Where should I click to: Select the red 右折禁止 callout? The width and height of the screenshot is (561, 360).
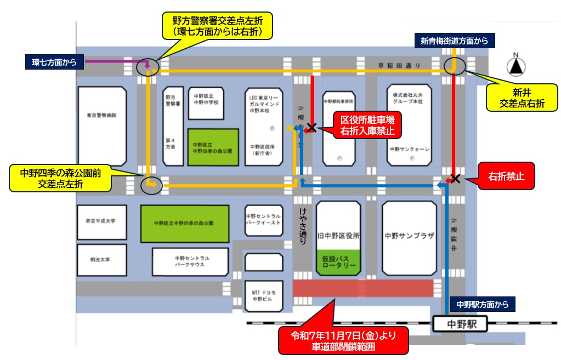(x=506, y=177)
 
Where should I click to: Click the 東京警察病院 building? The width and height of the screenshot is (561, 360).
(x=102, y=116)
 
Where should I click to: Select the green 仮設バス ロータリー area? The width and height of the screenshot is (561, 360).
(x=338, y=261)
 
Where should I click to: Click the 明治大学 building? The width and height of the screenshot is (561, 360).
(x=101, y=259)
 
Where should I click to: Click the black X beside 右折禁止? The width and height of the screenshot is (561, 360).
(x=455, y=178)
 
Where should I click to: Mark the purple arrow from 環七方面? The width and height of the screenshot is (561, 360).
(x=118, y=62)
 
